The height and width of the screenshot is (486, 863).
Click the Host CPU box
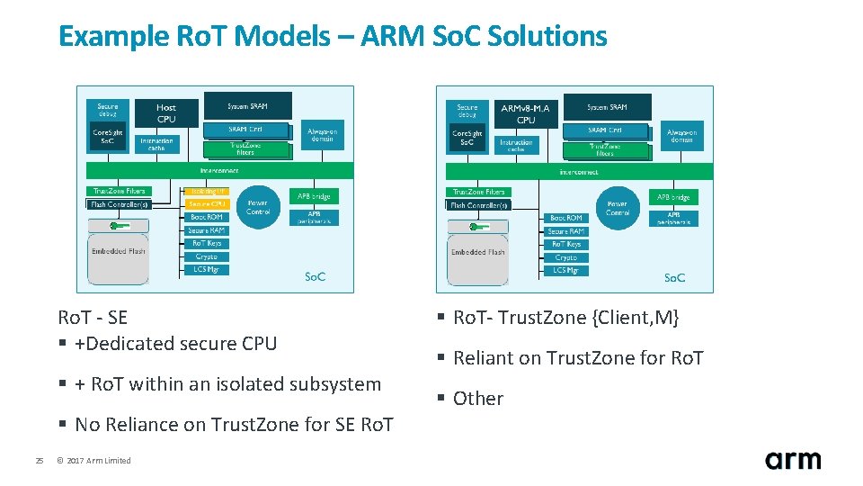click(166, 112)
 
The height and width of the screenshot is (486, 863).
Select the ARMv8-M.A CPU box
click(526, 113)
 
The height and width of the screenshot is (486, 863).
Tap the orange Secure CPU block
click(206, 204)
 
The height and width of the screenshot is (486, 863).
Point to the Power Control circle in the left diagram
click(258, 207)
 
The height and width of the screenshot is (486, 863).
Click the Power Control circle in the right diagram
click(618, 208)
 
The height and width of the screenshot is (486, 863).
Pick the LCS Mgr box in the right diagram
click(566, 270)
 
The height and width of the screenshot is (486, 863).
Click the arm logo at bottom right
click(792, 459)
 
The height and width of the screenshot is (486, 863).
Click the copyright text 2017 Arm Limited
click(93, 461)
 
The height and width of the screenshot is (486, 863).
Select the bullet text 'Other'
click(477, 399)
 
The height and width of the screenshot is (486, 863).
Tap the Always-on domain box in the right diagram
click(681, 136)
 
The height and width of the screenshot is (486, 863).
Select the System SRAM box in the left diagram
click(247, 105)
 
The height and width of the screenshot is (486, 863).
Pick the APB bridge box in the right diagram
click(673, 197)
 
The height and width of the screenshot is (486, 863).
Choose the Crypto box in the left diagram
click(206, 256)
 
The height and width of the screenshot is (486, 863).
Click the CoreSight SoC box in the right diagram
click(467, 138)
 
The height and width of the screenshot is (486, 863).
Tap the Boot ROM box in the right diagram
click(566, 218)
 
